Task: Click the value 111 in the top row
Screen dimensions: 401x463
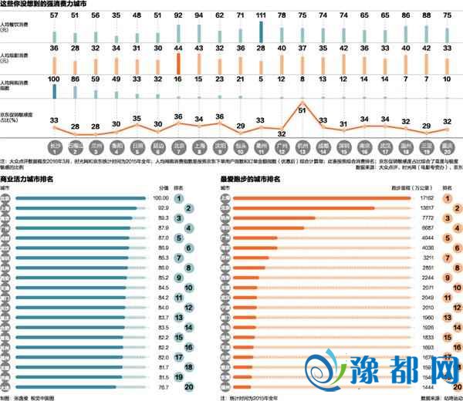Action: [262, 15]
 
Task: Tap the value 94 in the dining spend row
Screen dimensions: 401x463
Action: [199, 15]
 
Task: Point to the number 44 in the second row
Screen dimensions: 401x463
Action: [178, 48]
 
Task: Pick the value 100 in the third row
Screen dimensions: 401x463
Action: [54, 80]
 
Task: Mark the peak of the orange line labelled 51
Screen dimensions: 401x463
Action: [303, 103]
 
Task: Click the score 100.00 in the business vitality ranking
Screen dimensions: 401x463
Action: [157, 198]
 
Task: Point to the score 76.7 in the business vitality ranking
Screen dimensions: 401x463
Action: [162, 388]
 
